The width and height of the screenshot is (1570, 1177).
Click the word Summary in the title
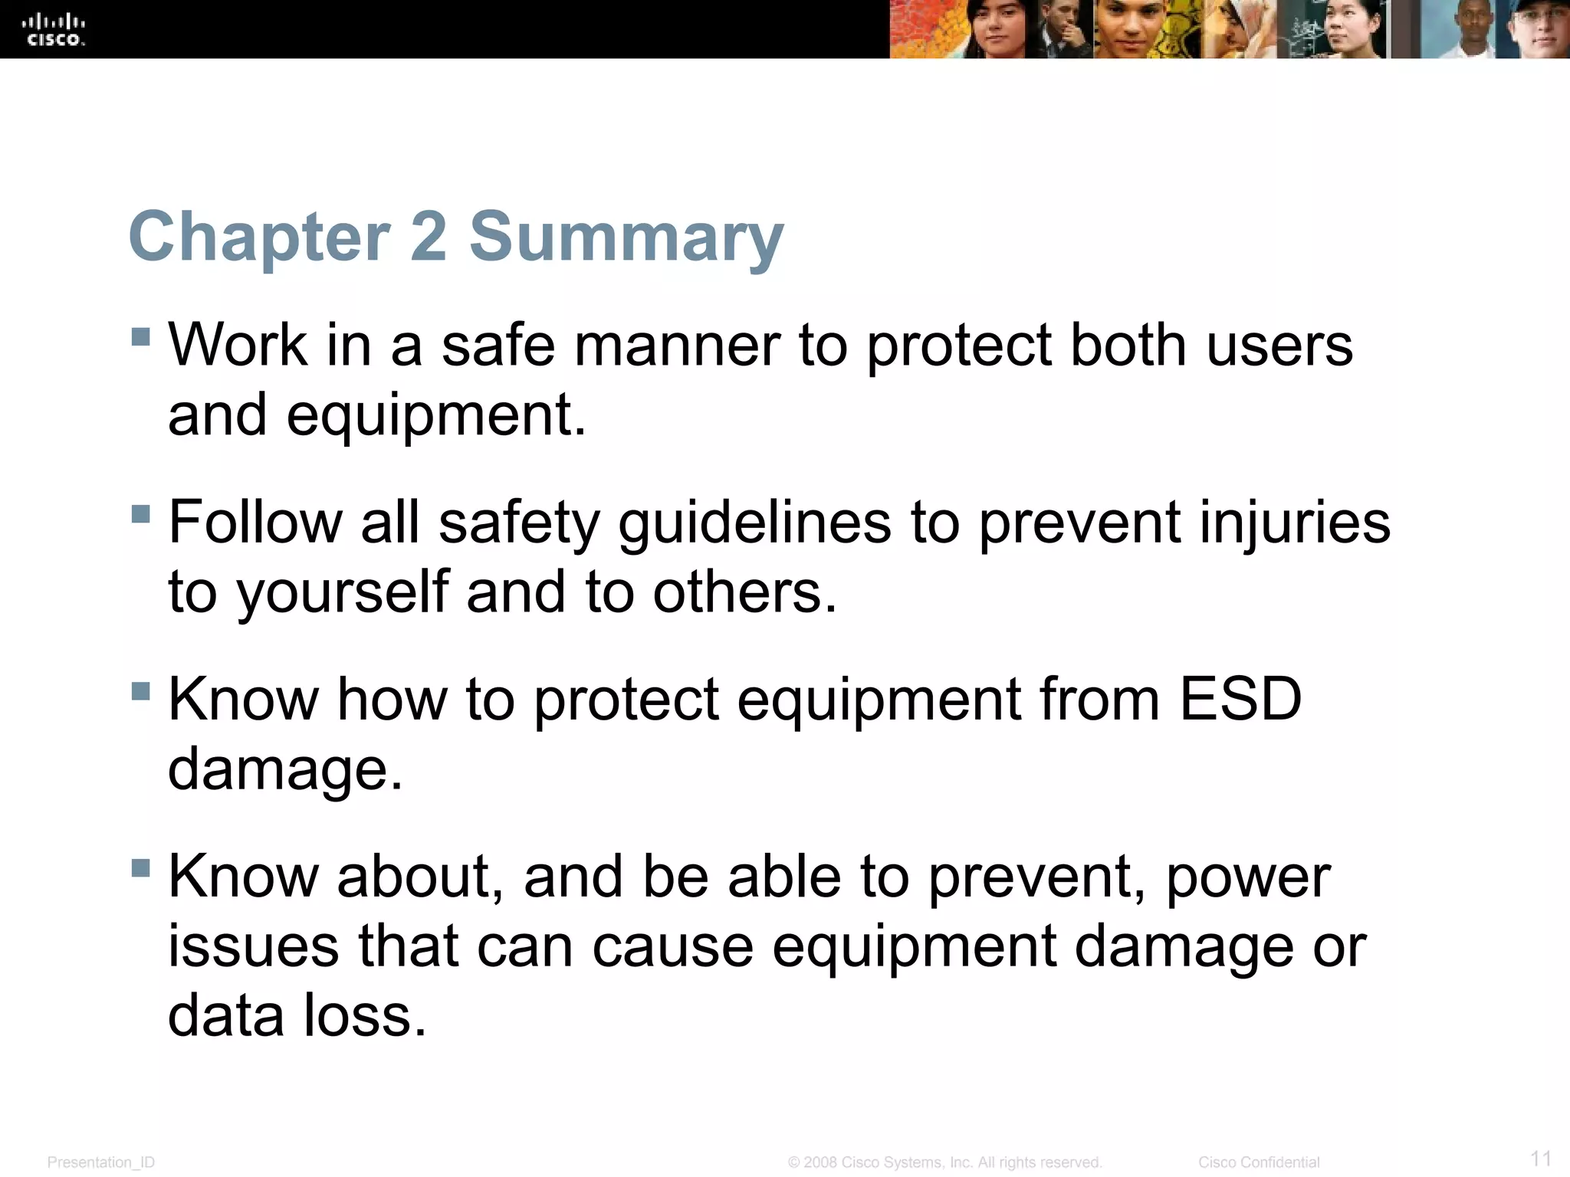pos(626,237)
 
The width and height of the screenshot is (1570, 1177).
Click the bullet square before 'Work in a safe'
pos(140,337)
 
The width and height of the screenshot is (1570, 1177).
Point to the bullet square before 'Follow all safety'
pos(140,513)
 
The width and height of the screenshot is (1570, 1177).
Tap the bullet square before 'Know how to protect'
pos(140,691)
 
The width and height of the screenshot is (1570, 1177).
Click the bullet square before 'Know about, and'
pos(140,867)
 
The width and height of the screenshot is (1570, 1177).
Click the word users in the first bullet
pos(1279,345)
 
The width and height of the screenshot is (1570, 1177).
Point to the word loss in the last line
pos(364,1016)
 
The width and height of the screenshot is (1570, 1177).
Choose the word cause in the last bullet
pos(672,947)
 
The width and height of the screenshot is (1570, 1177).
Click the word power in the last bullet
pos(1248,878)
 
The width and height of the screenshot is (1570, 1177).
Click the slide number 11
pos(1540,1158)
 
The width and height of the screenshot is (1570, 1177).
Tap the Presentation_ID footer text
pos(100,1162)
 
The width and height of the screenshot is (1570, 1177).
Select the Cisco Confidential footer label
pos(1258,1162)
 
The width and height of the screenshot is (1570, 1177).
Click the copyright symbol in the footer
pos(793,1162)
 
